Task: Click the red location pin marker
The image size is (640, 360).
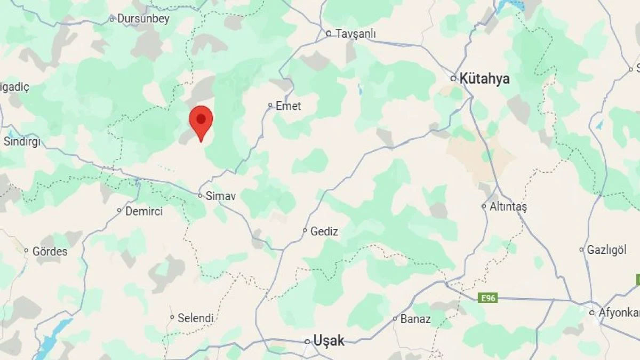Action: (x=201, y=119)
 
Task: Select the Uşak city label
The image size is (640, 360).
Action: (x=329, y=341)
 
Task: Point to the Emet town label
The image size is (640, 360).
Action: (x=288, y=106)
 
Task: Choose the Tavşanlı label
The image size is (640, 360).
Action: (x=356, y=34)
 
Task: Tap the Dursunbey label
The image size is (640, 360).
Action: (x=143, y=19)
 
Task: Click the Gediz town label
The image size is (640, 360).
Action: (x=324, y=231)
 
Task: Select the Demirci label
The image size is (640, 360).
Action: (x=144, y=211)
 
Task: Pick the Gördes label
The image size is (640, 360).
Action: (x=50, y=251)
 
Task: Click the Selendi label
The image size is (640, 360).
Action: (x=196, y=318)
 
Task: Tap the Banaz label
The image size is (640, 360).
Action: (x=416, y=319)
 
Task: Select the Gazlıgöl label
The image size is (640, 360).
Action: (x=607, y=250)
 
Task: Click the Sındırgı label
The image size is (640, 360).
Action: (x=22, y=141)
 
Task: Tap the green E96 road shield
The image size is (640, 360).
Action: (x=487, y=298)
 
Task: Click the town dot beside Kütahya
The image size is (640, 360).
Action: (x=453, y=78)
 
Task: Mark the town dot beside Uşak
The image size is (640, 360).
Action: (x=307, y=341)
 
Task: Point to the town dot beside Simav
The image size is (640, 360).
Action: (x=201, y=196)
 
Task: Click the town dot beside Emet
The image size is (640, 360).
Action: (x=270, y=106)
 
